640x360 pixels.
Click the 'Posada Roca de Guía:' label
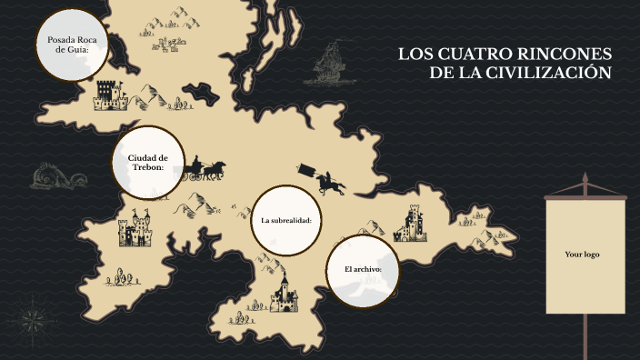[x=72, y=45]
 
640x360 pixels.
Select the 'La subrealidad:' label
[x=286, y=221]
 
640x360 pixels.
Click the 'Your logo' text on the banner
[x=582, y=255]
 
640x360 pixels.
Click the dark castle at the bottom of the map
[x=284, y=293]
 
